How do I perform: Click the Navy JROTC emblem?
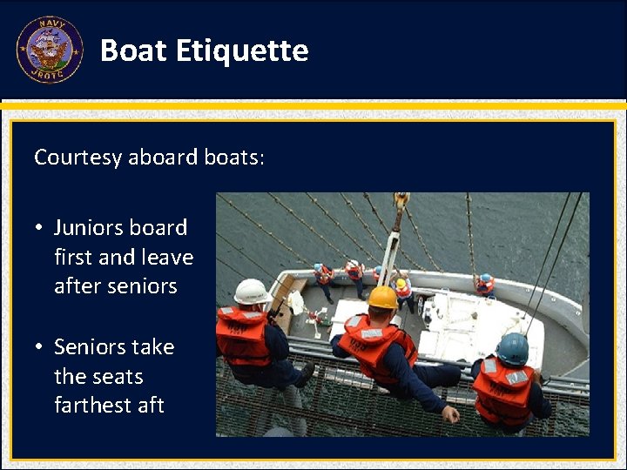(x=50, y=50)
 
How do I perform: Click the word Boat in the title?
(x=133, y=50)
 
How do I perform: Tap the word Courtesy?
(x=78, y=158)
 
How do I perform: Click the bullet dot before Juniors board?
(x=40, y=229)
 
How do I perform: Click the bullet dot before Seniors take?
(x=40, y=348)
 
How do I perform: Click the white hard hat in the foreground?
(x=252, y=291)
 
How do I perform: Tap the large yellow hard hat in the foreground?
(x=382, y=298)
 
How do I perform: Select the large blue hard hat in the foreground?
(x=512, y=348)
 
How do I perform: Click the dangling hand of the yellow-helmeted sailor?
(x=450, y=413)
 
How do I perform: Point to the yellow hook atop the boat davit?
(x=401, y=200)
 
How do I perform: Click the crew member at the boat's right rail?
(x=484, y=285)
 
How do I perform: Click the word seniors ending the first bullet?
(x=146, y=287)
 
